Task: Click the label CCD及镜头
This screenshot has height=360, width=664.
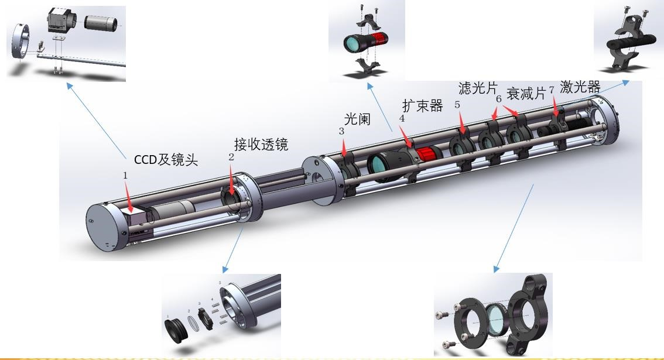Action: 166,160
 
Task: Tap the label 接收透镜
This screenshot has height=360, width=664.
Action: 261,143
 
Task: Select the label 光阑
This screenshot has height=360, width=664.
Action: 357,119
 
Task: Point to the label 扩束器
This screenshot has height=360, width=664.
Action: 422,105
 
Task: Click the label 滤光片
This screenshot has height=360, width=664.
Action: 478,88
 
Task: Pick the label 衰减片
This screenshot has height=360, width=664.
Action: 526,93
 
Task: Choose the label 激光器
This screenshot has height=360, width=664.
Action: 580,87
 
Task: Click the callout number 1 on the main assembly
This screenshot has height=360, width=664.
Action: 125,174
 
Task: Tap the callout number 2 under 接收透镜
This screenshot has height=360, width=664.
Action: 231,157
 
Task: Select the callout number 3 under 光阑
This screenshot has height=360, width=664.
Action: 341,132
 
